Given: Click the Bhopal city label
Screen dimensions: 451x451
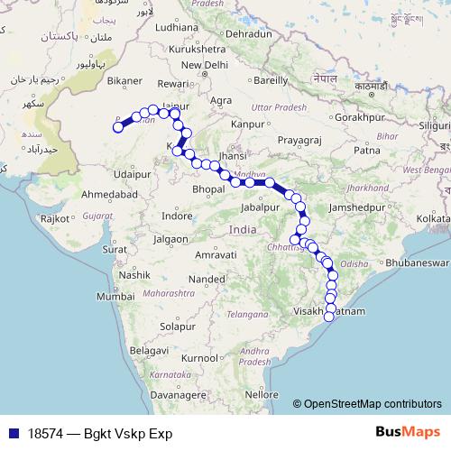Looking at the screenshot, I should (207, 189).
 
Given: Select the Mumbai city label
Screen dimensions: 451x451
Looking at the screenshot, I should (116, 297).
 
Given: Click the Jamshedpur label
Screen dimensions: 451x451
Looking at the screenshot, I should (361, 207).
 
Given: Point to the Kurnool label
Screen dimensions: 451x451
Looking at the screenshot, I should (199, 358).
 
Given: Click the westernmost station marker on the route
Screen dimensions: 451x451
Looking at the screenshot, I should (117, 127).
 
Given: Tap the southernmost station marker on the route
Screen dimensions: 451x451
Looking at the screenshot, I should (329, 315).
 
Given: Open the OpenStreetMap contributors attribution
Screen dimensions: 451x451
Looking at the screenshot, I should (373, 404).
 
